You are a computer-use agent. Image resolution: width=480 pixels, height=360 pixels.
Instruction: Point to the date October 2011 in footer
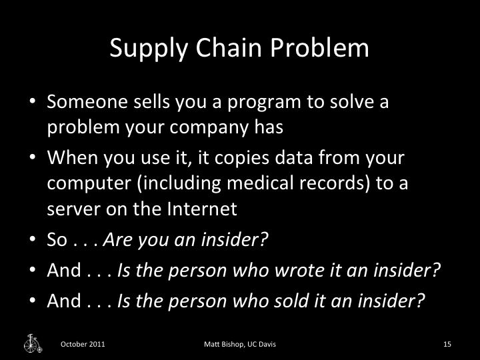pyautogui.click(x=83, y=344)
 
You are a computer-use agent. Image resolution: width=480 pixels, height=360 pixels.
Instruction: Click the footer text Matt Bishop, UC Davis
pyautogui.click(x=240, y=344)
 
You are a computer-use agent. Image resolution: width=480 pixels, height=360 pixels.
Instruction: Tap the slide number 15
pyautogui.click(x=447, y=344)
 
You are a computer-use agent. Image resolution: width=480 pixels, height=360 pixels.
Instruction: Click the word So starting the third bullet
pyautogui.click(x=57, y=240)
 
